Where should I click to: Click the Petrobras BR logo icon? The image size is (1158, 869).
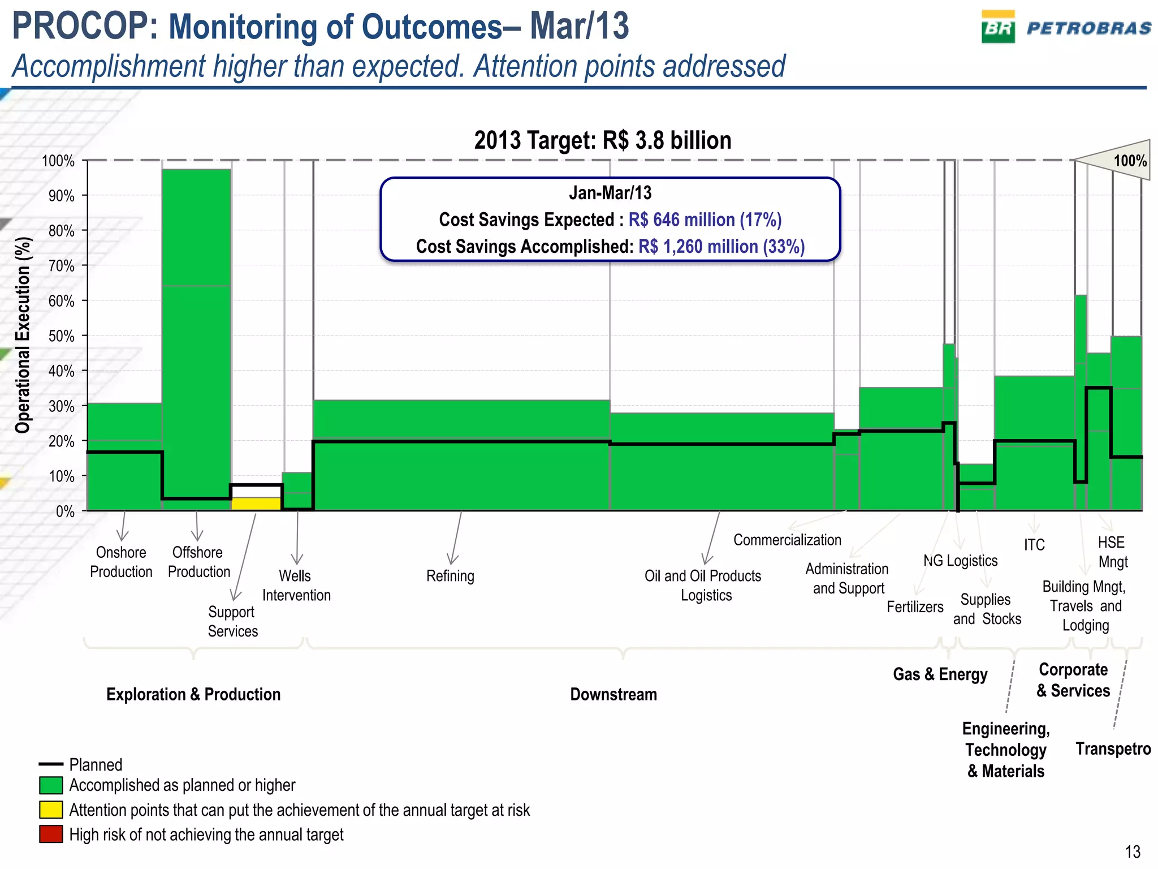(997, 27)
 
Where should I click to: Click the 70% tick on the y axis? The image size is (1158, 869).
(62, 266)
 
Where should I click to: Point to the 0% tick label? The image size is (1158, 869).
(65, 511)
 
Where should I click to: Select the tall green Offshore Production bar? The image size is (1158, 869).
(196, 339)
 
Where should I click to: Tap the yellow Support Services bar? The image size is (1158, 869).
(256, 504)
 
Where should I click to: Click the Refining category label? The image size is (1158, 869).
(450, 576)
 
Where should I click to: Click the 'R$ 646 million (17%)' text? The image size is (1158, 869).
(705, 220)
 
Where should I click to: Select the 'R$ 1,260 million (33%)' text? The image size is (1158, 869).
(721, 247)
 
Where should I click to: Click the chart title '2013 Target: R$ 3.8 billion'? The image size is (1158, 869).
(602, 140)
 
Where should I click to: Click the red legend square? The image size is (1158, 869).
(51, 834)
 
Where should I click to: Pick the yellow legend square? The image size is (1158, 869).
(51, 810)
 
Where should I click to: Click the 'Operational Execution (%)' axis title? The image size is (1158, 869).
(23, 335)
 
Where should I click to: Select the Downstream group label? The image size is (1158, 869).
(613, 694)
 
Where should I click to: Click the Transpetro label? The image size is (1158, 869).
(1113, 748)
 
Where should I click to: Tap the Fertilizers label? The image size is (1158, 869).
(914, 607)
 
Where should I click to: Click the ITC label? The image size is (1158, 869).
(1034, 545)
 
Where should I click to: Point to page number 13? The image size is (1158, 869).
(1133, 851)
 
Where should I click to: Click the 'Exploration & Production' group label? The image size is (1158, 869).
(193, 694)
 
